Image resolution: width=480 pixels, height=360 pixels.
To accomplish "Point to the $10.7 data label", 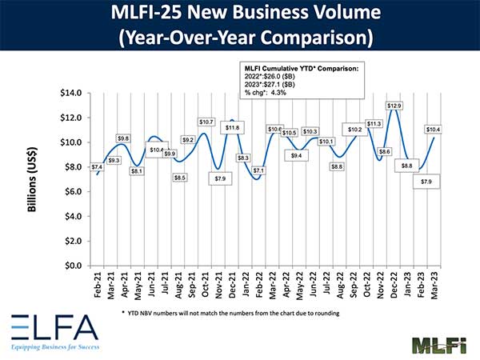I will coord(206,122).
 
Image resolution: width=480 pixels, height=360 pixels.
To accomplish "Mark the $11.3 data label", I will coord(373,124).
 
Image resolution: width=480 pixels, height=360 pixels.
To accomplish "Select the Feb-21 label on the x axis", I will coord(98,284).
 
